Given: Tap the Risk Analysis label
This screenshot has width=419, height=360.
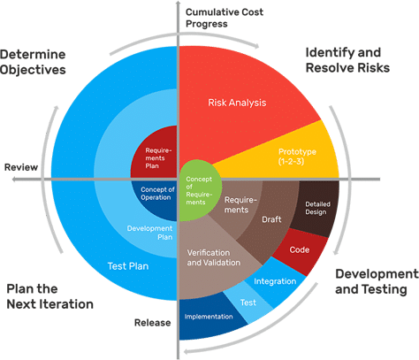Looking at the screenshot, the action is coord(237,103).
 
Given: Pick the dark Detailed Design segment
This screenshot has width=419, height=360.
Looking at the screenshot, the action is coord(316,208).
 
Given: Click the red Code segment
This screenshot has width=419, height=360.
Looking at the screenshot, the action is coord(300,250).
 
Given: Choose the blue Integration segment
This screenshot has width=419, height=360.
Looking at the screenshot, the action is coord(275,281).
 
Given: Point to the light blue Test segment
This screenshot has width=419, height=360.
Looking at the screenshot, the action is coord(248,303).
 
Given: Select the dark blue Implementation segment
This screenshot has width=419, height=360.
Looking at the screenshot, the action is coord(209,317).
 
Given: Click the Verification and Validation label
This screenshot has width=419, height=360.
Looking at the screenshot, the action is coord(214,257).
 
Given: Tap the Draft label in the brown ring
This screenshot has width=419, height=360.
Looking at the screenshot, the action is coord(271,219).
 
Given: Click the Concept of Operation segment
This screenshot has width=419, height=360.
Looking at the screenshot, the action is coord(156,197).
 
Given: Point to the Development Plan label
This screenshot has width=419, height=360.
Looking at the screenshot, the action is coord(149,233).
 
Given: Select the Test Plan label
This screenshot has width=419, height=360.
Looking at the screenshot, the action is coord(128,266).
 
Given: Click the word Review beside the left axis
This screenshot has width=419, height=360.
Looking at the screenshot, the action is coord(21,167).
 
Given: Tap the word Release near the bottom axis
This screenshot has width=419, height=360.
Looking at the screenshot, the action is coord(152,323).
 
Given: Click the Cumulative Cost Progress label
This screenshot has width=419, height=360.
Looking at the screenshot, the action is coord(225,18).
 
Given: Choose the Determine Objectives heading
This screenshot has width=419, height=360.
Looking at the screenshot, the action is coord(33,62).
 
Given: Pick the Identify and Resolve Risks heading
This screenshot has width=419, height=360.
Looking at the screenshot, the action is coord(347,60).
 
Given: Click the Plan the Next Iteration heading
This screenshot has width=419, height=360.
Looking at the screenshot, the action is coord(50,296).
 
